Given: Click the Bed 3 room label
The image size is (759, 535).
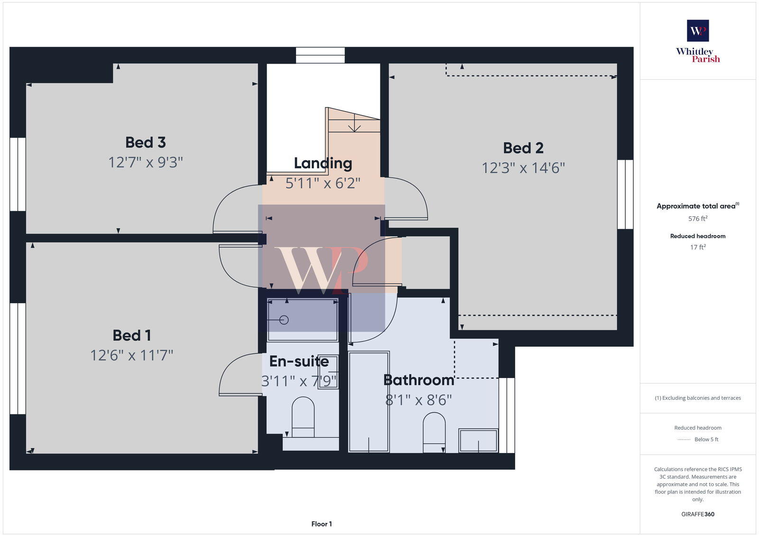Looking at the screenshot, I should pos(145,142).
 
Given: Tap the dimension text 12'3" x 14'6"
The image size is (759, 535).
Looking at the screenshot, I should pos(523,168).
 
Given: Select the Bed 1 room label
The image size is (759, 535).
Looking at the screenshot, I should pos(132,335).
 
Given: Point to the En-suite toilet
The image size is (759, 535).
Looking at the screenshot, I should pos(303,416).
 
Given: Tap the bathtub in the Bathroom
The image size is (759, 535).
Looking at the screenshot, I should pos(369,401).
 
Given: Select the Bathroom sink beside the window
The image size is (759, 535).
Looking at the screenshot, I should pos(478,441).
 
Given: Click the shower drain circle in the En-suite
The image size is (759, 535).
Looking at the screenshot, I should pos(284,320).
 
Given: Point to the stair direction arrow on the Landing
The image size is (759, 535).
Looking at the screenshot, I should pos(354,127).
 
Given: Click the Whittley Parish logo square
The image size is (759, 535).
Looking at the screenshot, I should pos(698,31).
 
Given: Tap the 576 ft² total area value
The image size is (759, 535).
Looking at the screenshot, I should pos(698,219).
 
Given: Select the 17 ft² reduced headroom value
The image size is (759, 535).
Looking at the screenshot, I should pos(698,247).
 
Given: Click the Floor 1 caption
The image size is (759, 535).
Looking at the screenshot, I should pos(322,524).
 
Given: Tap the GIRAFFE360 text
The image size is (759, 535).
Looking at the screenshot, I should pos(698,514).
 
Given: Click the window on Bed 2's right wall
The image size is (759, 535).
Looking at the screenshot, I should pos(625,194).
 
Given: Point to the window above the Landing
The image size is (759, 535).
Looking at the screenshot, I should pos(320,55).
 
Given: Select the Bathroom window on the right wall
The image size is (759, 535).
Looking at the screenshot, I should pos(507,415).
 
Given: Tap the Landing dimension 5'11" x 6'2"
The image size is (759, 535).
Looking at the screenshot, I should pos(323,183).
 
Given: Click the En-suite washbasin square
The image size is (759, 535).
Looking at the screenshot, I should pos(327,372).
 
